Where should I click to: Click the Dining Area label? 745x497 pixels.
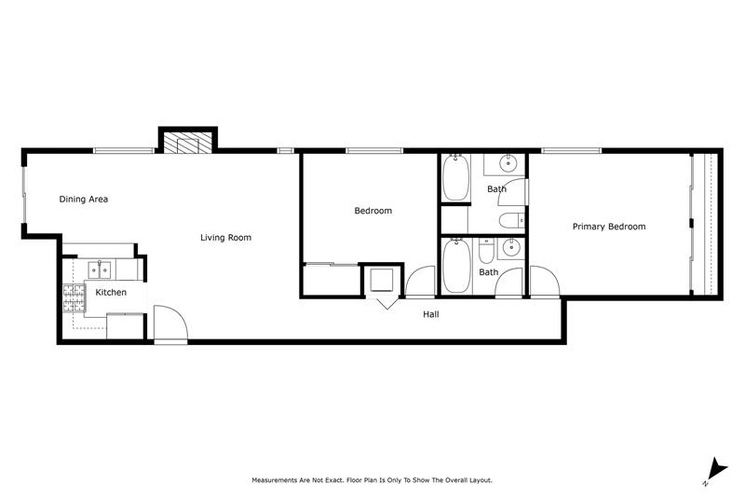[x=83, y=200]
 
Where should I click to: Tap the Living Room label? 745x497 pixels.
[x=225, y=238]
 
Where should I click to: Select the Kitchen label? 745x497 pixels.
[x=111, y=292]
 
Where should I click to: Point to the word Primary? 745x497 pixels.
[x=589, y=227]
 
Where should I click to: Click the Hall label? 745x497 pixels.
[x=431, y=314]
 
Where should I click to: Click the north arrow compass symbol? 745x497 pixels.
[x=716, y=470]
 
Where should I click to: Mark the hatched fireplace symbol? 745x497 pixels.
[x=187, y=143]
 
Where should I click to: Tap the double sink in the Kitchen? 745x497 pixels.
[x=100, y=269]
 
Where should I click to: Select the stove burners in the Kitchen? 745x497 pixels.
[x=74, y=297]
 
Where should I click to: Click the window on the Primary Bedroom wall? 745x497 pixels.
[x=572, y=151]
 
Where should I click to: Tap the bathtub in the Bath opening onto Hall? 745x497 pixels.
[x=456, y=266]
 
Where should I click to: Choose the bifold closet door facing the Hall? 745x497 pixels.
[x=386, y=302]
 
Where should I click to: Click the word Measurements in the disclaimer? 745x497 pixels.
[x=275, y=480]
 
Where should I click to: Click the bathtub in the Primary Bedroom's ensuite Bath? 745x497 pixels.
[x=456, y=177]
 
